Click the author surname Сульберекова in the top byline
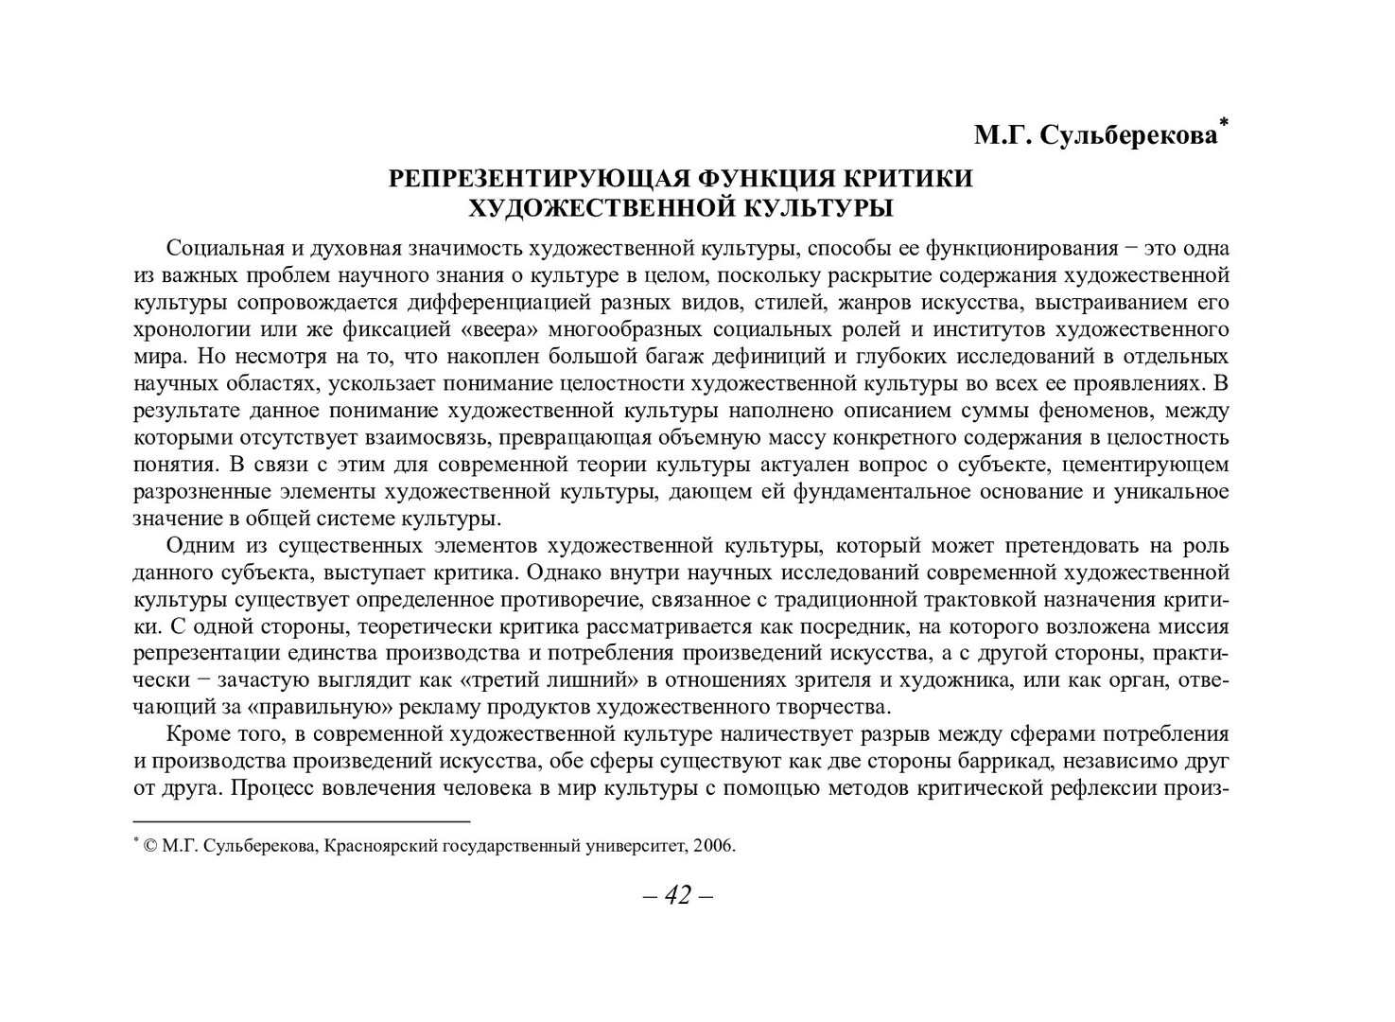(1127, 136)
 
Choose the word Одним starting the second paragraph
(197, 546)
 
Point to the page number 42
(678, 895)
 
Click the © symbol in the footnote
(150, 846)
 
